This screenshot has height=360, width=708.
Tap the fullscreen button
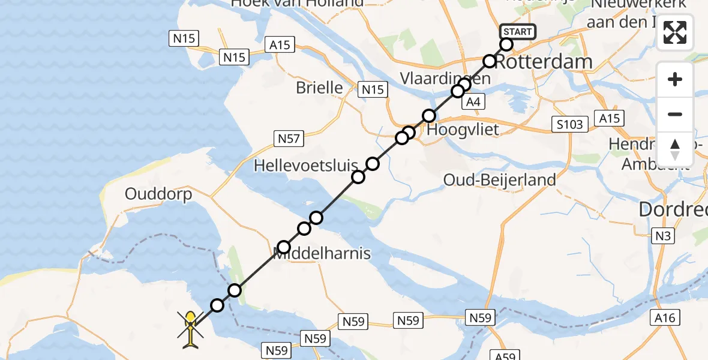[x=675, y=32]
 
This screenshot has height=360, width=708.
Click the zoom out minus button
[x=675, y=115]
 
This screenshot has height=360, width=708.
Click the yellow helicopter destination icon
[x=190, y=329]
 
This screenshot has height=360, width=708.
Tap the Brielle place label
[x=319, y=88]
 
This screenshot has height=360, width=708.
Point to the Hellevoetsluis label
[x=305, y=165]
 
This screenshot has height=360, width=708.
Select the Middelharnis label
[x=323, y=254]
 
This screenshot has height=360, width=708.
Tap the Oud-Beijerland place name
[x=499, y=179]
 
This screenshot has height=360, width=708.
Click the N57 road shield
[x=288, y=139]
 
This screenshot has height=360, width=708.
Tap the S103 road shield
[x=568, y=124]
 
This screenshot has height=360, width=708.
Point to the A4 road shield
[x=473, y=103]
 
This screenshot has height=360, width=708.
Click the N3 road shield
[x=663, y=236]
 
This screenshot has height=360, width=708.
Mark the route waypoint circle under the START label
[x=506, y=44]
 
